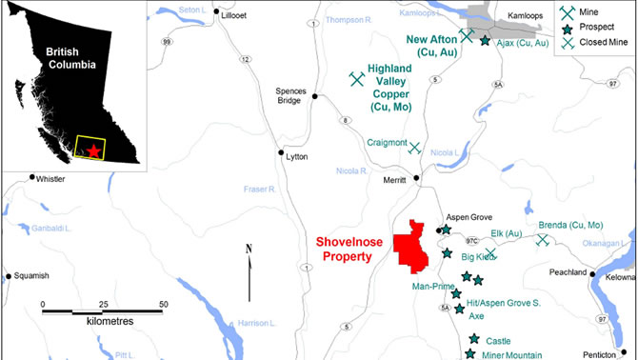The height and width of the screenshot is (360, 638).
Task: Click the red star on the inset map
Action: (92, 150)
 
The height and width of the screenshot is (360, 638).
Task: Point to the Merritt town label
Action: (394, 179)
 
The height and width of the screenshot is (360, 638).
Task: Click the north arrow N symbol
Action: (247, 249)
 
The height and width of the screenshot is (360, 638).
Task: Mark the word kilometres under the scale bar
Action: (103, 322)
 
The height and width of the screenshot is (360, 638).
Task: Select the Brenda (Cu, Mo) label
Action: (570, 225)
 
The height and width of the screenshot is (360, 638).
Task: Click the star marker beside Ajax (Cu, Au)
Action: (485, 41)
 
